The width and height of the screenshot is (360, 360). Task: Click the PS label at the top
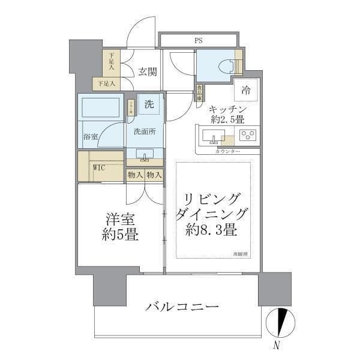[197, 41]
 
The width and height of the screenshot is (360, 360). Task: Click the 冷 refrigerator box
[246, 91]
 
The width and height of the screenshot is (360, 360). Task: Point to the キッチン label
[227, 109]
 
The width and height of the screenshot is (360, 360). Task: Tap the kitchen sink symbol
[213, 138]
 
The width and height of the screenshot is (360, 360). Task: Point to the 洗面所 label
[144, 131]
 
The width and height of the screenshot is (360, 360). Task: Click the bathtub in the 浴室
[101, 109]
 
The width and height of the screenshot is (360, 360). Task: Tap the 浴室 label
[91, 137]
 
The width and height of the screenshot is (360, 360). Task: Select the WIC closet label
[99, 168]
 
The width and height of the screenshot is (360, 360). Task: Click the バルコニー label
[182, 307]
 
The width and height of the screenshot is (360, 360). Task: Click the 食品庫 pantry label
[199, 95]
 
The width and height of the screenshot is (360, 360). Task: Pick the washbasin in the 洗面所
[144, 155]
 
